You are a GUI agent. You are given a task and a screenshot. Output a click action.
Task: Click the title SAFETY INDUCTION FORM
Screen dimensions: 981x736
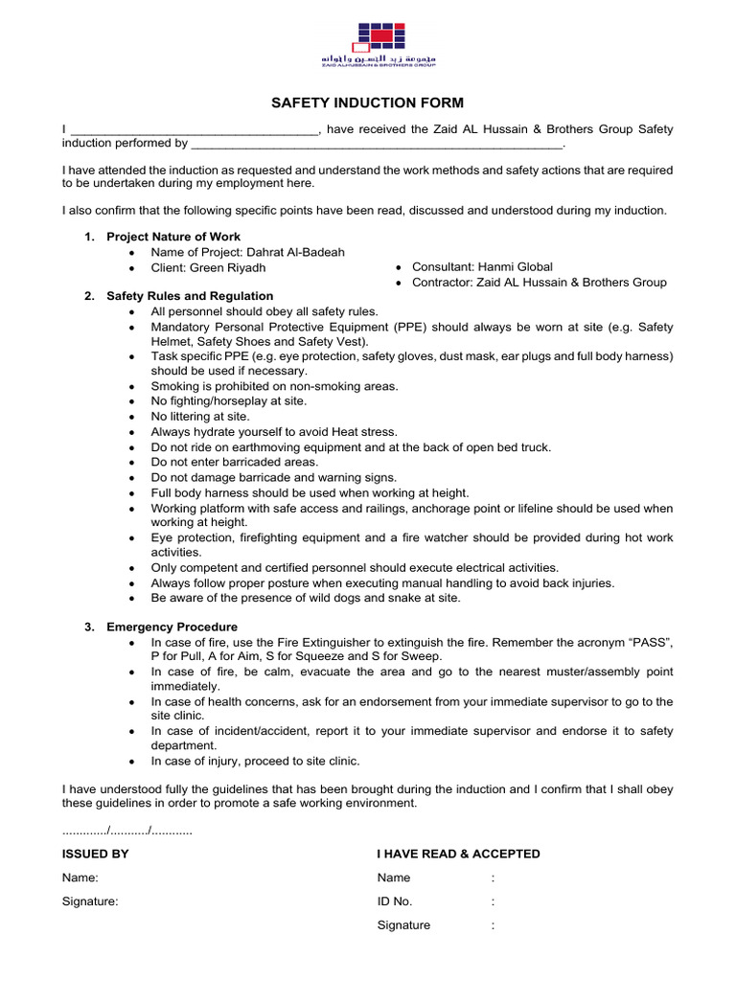[368, 103]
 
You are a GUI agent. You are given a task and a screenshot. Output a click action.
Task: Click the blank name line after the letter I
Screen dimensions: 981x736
[195, 130]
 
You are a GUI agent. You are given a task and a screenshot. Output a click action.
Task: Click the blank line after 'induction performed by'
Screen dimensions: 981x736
[377, 145]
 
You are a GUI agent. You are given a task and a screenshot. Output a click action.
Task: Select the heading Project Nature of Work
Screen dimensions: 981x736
[173, 237]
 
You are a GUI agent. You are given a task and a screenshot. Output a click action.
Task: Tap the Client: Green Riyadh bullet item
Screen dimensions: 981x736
[208, 267]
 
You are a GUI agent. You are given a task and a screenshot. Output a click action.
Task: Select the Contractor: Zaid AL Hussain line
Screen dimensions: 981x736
[539, 283]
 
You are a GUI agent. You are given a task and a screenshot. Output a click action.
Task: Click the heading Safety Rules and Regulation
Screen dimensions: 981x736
[190, 296]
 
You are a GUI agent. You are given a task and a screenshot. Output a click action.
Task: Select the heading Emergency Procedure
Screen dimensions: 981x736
[172, 627]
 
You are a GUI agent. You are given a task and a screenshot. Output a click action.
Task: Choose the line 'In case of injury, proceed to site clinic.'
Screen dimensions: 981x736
[256, 762]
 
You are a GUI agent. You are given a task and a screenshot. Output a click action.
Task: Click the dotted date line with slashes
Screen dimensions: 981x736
[127, 830]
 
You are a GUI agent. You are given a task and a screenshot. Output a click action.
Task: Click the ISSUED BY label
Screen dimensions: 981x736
[96, 854]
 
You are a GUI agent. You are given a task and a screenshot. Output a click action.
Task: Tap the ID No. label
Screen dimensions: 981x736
[395, 901]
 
